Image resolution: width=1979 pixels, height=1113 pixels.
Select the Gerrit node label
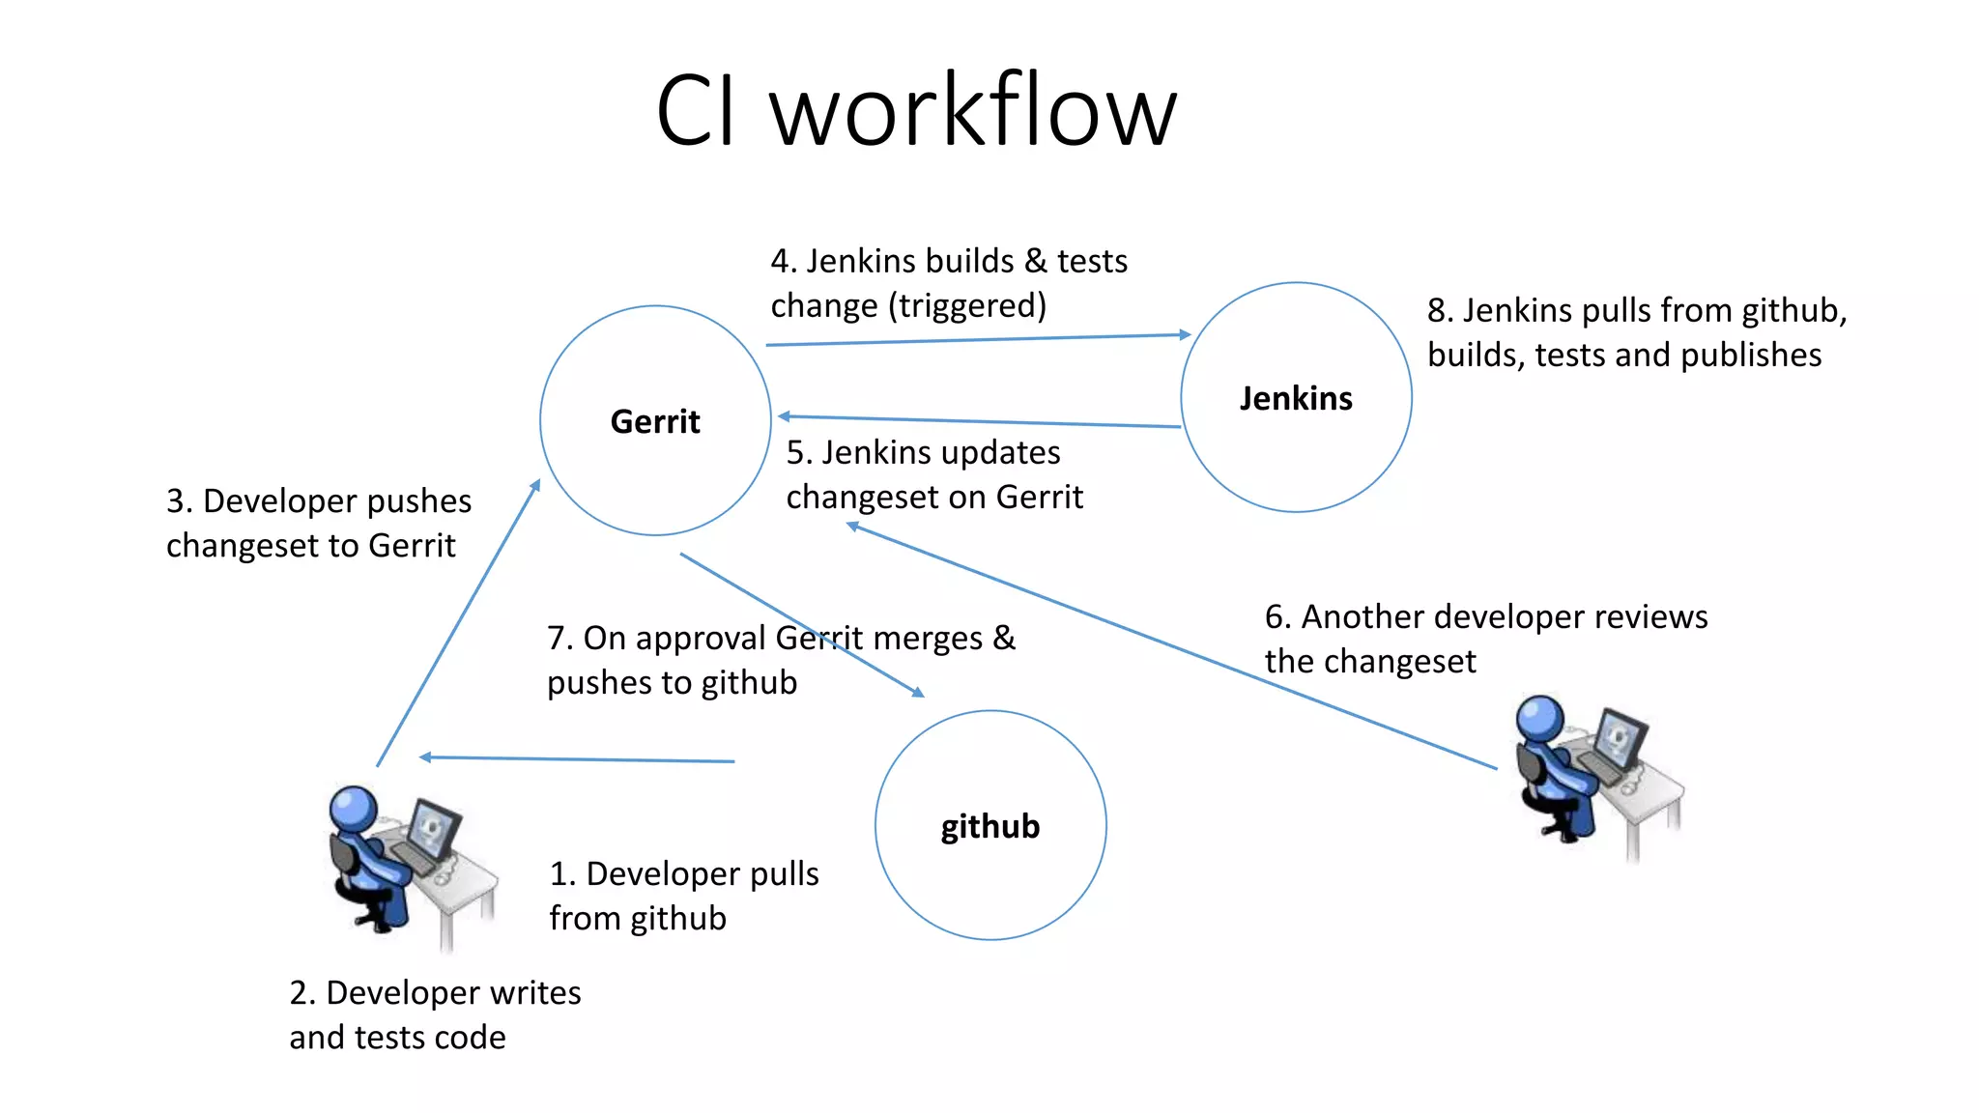pyautogui.click(x=654, y=421)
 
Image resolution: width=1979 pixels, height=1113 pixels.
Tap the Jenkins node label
pyautogui.click(x=1295, y=398)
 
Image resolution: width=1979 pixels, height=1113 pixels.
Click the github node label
pyautogui.click(x=989, y=826)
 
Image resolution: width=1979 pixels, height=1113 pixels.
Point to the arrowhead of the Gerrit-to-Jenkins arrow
pyautogui.click(x=1185, y=334)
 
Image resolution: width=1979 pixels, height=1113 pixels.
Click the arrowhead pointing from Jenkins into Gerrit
pyautogui.click(x=785, y=416)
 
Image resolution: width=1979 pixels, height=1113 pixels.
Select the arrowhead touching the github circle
pyautogui.click(x=918, y=692)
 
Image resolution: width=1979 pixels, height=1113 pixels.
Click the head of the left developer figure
pyautogui.click(x=353, y=808)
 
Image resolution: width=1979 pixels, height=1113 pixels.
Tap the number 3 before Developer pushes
pyautogui.click(x=175, y=501)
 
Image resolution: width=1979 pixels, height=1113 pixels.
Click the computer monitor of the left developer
pyautogui.click(x=434, y=829)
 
